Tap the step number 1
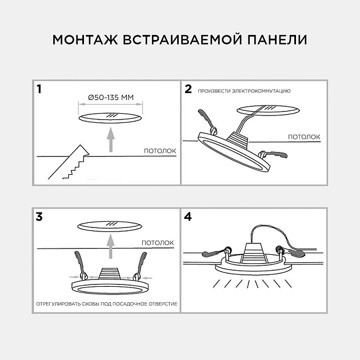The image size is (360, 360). [39, 89]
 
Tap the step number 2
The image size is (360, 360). [188, 89]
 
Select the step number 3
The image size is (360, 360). [39, 217]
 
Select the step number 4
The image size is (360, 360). [189, 217]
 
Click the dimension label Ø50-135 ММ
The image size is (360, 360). [111, 98]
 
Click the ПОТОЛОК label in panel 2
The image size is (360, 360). [303, 137]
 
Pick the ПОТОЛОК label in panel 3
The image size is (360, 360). [158, 242]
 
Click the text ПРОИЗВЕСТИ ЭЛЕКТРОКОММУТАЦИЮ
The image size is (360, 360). [244, 91]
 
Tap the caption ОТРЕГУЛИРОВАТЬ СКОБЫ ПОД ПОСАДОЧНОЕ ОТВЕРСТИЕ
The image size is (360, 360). [107, 303]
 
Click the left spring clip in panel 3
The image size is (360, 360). [79, 266]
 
